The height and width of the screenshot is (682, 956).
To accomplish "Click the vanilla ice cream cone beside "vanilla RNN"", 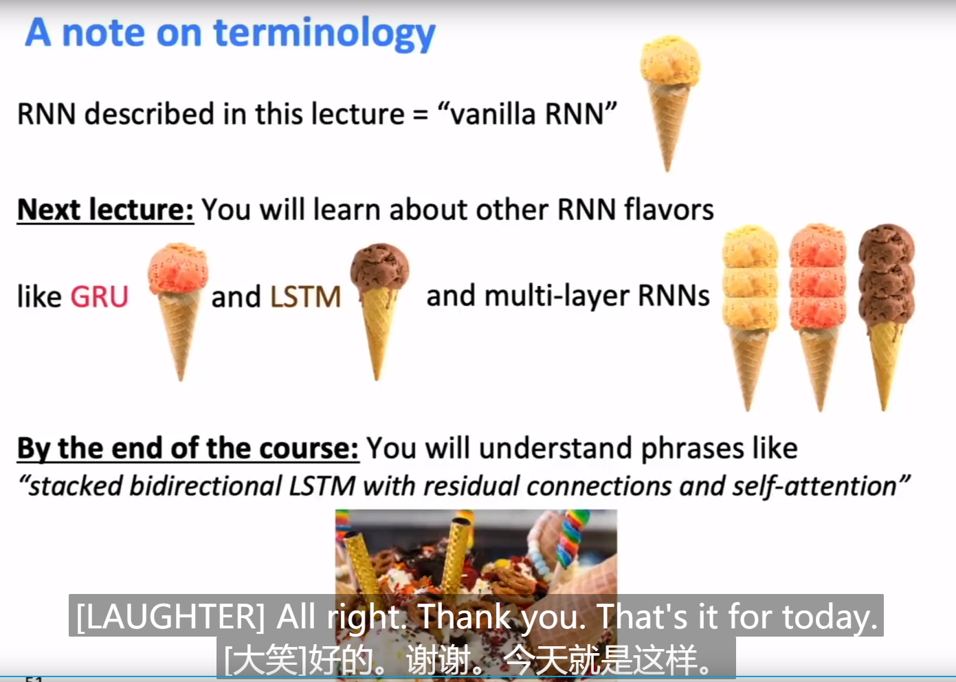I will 669,96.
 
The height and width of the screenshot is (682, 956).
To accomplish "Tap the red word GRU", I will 100,297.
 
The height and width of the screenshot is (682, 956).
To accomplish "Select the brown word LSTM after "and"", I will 305,297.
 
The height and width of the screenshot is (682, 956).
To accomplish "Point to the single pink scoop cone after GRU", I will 178,302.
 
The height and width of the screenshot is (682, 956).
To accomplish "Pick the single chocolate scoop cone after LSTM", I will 379,302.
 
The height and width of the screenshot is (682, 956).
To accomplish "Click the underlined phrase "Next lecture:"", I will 105,210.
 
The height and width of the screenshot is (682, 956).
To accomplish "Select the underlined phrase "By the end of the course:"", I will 188,448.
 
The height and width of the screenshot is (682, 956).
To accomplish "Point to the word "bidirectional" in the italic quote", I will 205,486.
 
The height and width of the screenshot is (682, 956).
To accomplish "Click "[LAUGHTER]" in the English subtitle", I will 170,616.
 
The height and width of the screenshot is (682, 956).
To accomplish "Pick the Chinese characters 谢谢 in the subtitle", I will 438,660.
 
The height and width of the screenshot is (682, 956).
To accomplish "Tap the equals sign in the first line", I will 420,115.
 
